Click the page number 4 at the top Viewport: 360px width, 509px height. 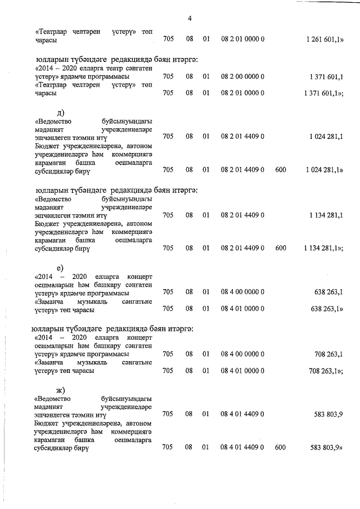[190, 18]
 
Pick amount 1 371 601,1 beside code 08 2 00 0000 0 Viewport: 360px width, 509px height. [327, 76]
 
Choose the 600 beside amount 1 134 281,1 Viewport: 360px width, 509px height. [281, 247]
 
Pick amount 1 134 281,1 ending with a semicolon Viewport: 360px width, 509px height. [323, 247]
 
